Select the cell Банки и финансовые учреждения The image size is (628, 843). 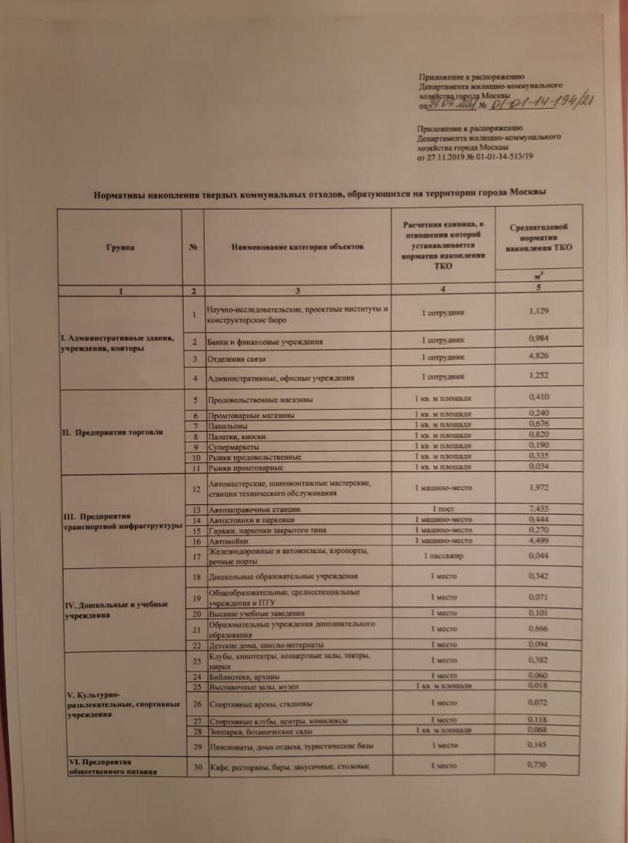[265, 342]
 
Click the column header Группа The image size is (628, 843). [120, 247]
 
